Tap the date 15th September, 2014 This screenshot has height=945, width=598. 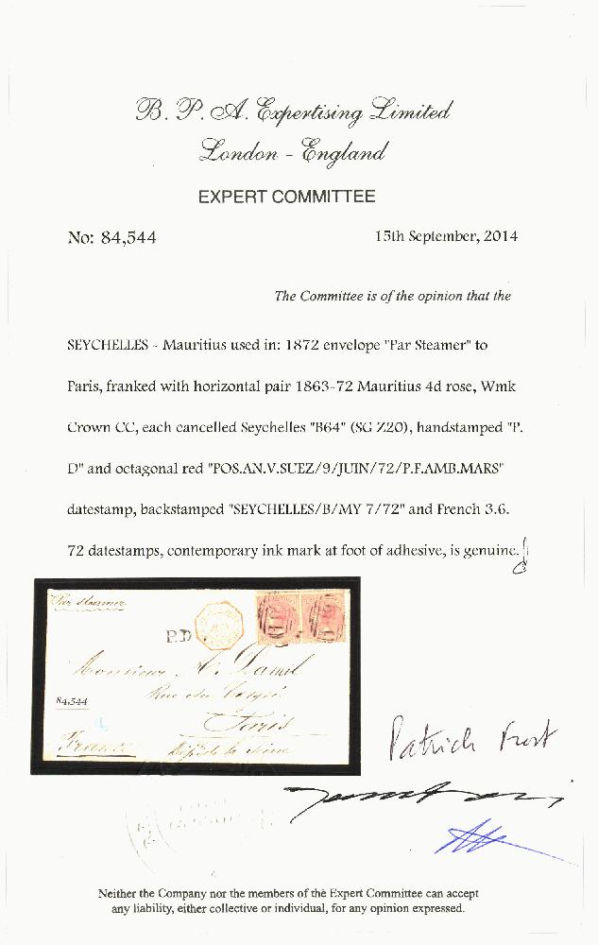pyautogui.click(x=446, y=236)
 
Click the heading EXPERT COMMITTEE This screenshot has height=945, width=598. pyautogui.click(x=286, y=198)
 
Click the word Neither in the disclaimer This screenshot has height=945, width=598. pyautogui.click(x=120, y=893)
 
